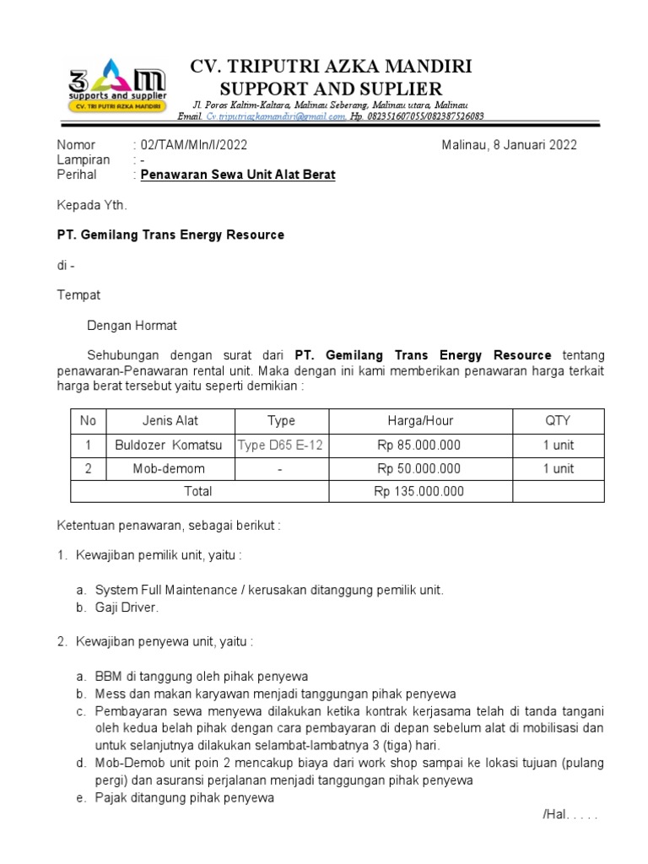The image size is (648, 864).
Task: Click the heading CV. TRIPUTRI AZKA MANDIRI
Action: [332, 67]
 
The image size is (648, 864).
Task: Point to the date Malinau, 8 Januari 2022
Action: [510, 145]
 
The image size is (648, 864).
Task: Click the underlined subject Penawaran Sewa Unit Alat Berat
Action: [238, 175]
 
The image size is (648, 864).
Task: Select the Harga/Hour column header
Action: [419, 420]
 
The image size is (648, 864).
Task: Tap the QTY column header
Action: [558, 420]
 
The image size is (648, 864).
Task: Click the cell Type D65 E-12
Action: [281, 445]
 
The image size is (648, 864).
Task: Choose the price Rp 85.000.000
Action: [419, 445]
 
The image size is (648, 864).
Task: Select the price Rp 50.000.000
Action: [419, 468]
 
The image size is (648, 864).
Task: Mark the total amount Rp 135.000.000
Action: [419, 491]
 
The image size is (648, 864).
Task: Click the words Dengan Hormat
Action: [132, 325]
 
